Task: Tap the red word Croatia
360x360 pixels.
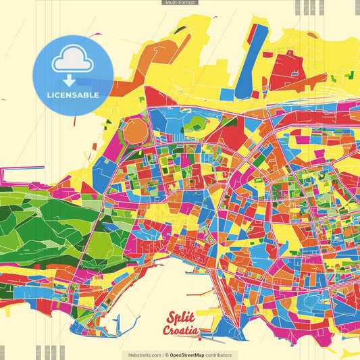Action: tap(180, 330)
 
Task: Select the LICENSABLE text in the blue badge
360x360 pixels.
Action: tap(72, 95)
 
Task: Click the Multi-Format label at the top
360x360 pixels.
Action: tap(180, 3)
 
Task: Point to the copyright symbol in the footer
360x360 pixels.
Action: tap(165, 355)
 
